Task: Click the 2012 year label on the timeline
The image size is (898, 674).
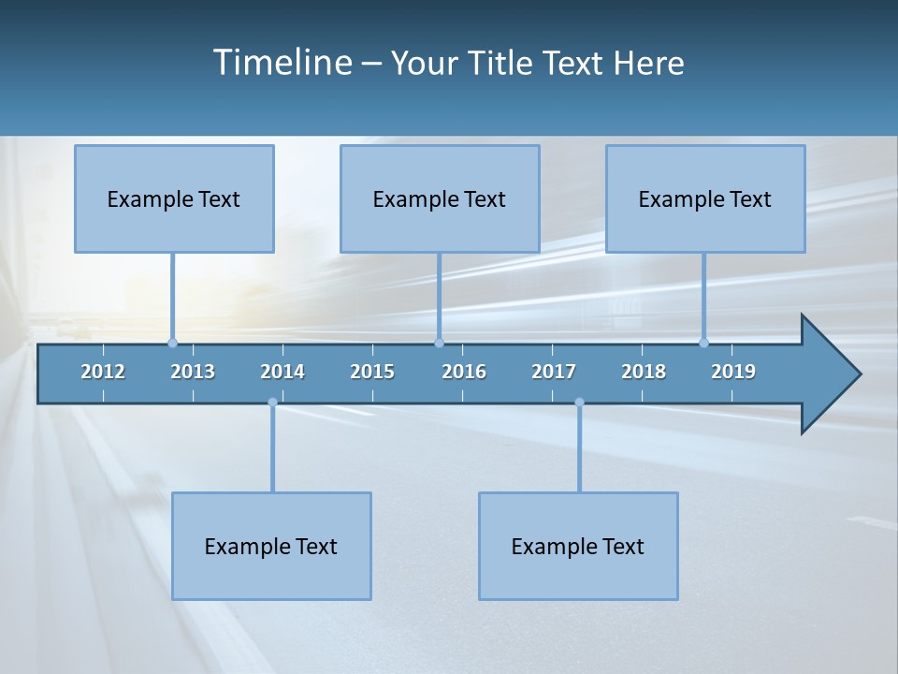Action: click(x=103, y=372)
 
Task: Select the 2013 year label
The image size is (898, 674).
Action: click(x=193, y=372)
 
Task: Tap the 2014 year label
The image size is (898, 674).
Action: click(x=282, y=372)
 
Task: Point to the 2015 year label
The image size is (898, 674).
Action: click(x=372, y=372)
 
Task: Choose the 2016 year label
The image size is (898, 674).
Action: click(x=464, y=372)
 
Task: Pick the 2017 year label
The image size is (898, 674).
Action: click(x=554, y=372)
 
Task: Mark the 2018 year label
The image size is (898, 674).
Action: click(x=644, y=372)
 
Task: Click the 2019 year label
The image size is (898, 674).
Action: click(x=733, y=372)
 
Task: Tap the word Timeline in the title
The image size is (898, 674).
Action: click(x=280, y=63)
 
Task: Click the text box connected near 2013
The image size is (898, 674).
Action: click(x=174, y=198)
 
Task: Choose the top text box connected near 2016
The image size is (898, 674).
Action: click(x=440, y=198)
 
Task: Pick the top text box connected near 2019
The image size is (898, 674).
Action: click(x=705, y=198)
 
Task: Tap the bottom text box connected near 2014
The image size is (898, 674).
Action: click(x=271, y=546)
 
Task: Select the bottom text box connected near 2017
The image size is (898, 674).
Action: click(x=578, y=546)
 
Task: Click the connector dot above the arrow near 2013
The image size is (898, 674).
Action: click(x=172, y=343)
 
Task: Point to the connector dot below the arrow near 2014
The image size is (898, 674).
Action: click(x=272, y=403)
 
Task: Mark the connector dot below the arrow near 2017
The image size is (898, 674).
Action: click(x=579, y=403)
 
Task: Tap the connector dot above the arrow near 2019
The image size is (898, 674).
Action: click(x=703, y=343)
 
